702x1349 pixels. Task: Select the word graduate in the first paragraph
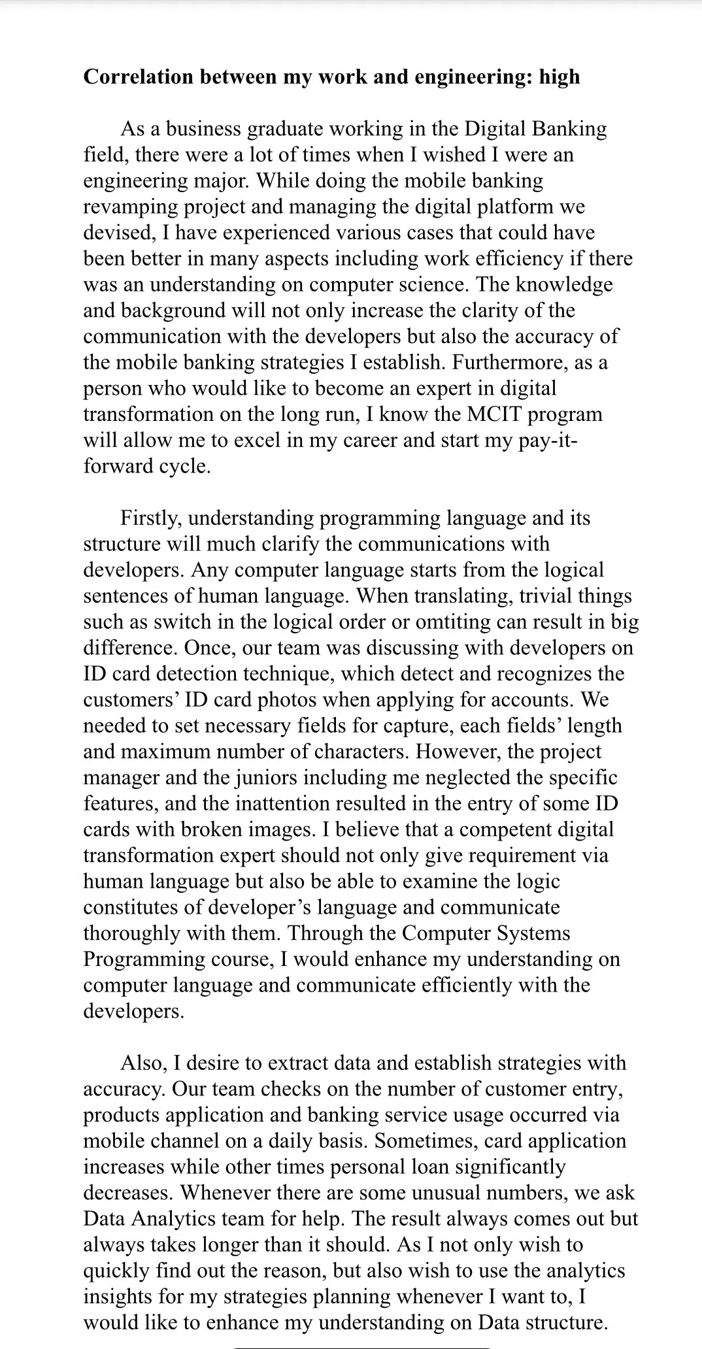coord(284,129)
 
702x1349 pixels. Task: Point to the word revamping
coord(127,207)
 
